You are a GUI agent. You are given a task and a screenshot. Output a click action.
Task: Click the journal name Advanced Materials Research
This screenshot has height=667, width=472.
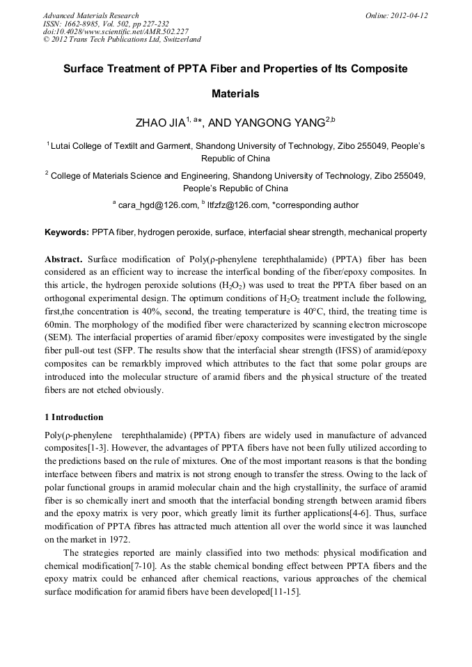tap(91, 15)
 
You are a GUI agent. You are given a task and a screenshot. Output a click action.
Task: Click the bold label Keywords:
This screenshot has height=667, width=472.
tap(67, 232)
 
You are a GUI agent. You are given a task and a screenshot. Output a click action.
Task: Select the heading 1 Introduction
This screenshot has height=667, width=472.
tap(74, 417)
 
